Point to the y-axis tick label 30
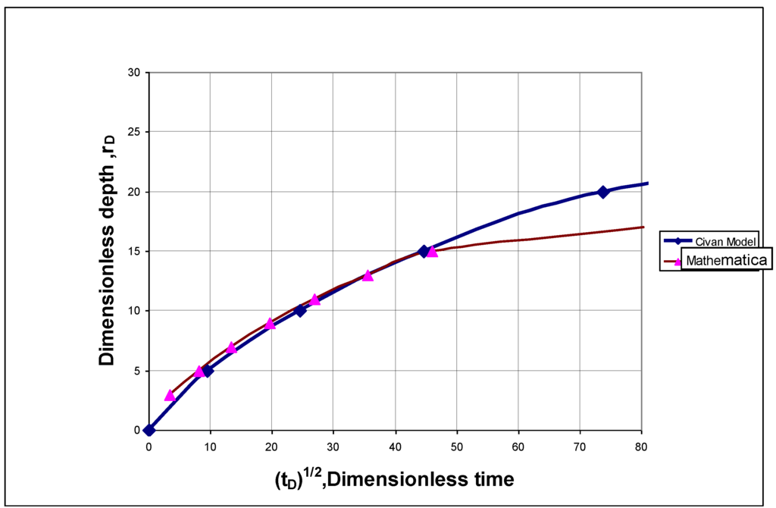(x=135, y=73)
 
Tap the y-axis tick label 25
(x=135, y=132)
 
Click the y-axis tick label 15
(x=135, y=252)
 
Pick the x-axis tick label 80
(x=641, y=444)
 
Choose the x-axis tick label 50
(x=457, y=444)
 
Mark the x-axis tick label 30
(x=333, y=444)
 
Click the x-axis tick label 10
(x=210, y=444)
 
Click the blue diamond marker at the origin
(x=149, y=430)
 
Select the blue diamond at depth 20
(x=603, y=192)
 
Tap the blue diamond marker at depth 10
(x=300, y=310)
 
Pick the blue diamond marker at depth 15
(x=424, y=251)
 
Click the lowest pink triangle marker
(x=170, y=395)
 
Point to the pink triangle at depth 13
(x=368, y=275)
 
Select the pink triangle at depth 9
(x=270, y=323)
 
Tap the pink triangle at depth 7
(x=232, y=347)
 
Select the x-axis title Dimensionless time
(x=395, y=479)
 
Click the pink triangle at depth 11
(x=315, y=299)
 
